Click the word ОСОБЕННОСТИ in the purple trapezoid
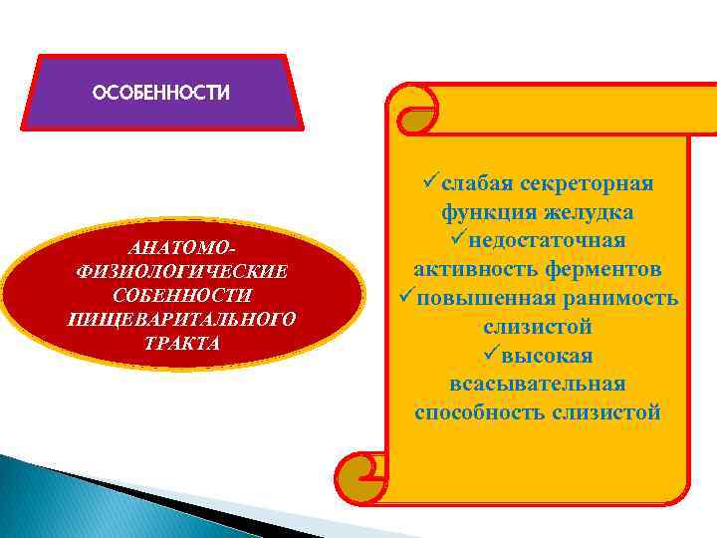point(160,93)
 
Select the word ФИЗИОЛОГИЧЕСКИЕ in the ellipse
point(181,271)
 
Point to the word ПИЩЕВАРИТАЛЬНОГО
point(181,319)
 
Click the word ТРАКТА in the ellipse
point(181,343)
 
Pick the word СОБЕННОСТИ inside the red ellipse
point(181,295)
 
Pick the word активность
point(471,270)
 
